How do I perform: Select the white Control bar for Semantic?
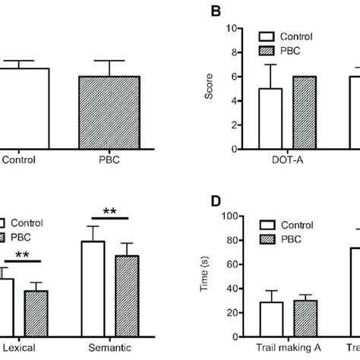pyautogui.click(x=93, y=286)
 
